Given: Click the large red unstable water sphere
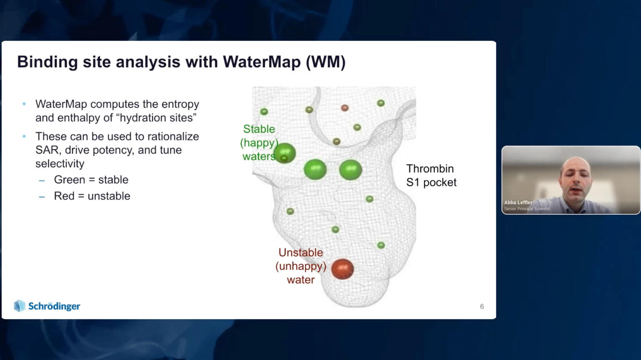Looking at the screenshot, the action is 342,269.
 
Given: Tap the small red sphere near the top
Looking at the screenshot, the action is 345,108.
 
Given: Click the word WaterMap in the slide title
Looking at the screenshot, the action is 261,62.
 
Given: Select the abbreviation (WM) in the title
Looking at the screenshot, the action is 326,62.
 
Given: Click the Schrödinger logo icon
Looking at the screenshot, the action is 20,306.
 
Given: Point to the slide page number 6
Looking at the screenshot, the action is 482,307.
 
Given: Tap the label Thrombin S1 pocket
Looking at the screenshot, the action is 431,175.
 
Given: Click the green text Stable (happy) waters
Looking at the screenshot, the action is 259,142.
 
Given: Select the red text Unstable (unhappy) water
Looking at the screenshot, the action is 301,266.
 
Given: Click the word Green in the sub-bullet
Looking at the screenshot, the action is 70,180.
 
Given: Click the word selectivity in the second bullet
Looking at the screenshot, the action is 60,164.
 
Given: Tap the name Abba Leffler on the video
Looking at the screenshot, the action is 518,202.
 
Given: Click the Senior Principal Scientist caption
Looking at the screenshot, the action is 527,209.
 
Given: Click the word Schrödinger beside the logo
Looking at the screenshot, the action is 54,306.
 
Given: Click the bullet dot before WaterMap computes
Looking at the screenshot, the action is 24,104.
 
